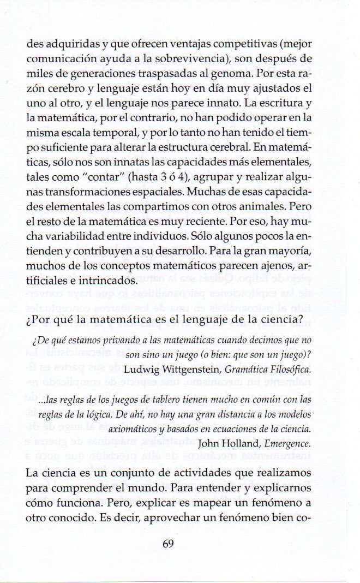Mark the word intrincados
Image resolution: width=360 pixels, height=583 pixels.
pos(110,281)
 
